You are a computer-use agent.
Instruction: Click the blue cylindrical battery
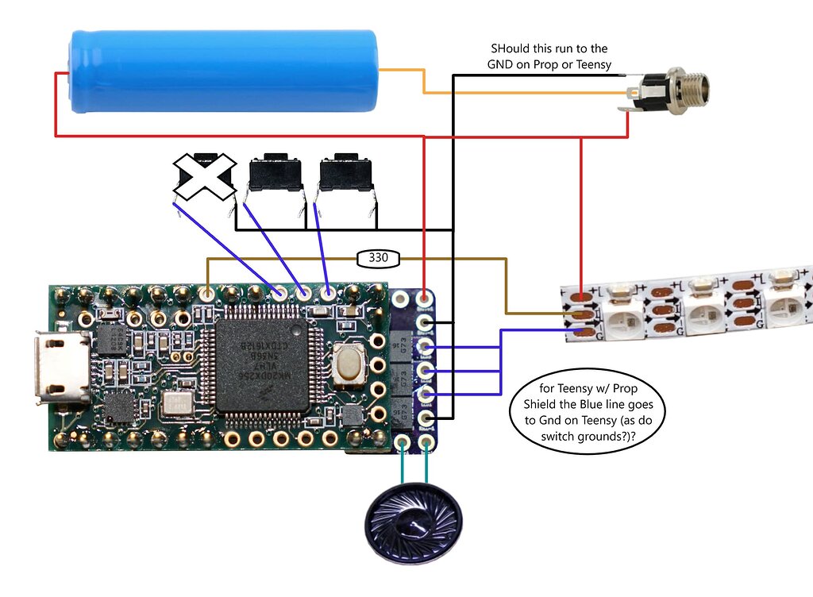(x=222, y=70)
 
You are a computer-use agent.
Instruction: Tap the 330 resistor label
(x=379, y=258)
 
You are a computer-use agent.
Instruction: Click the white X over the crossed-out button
(x=205, y=176)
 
